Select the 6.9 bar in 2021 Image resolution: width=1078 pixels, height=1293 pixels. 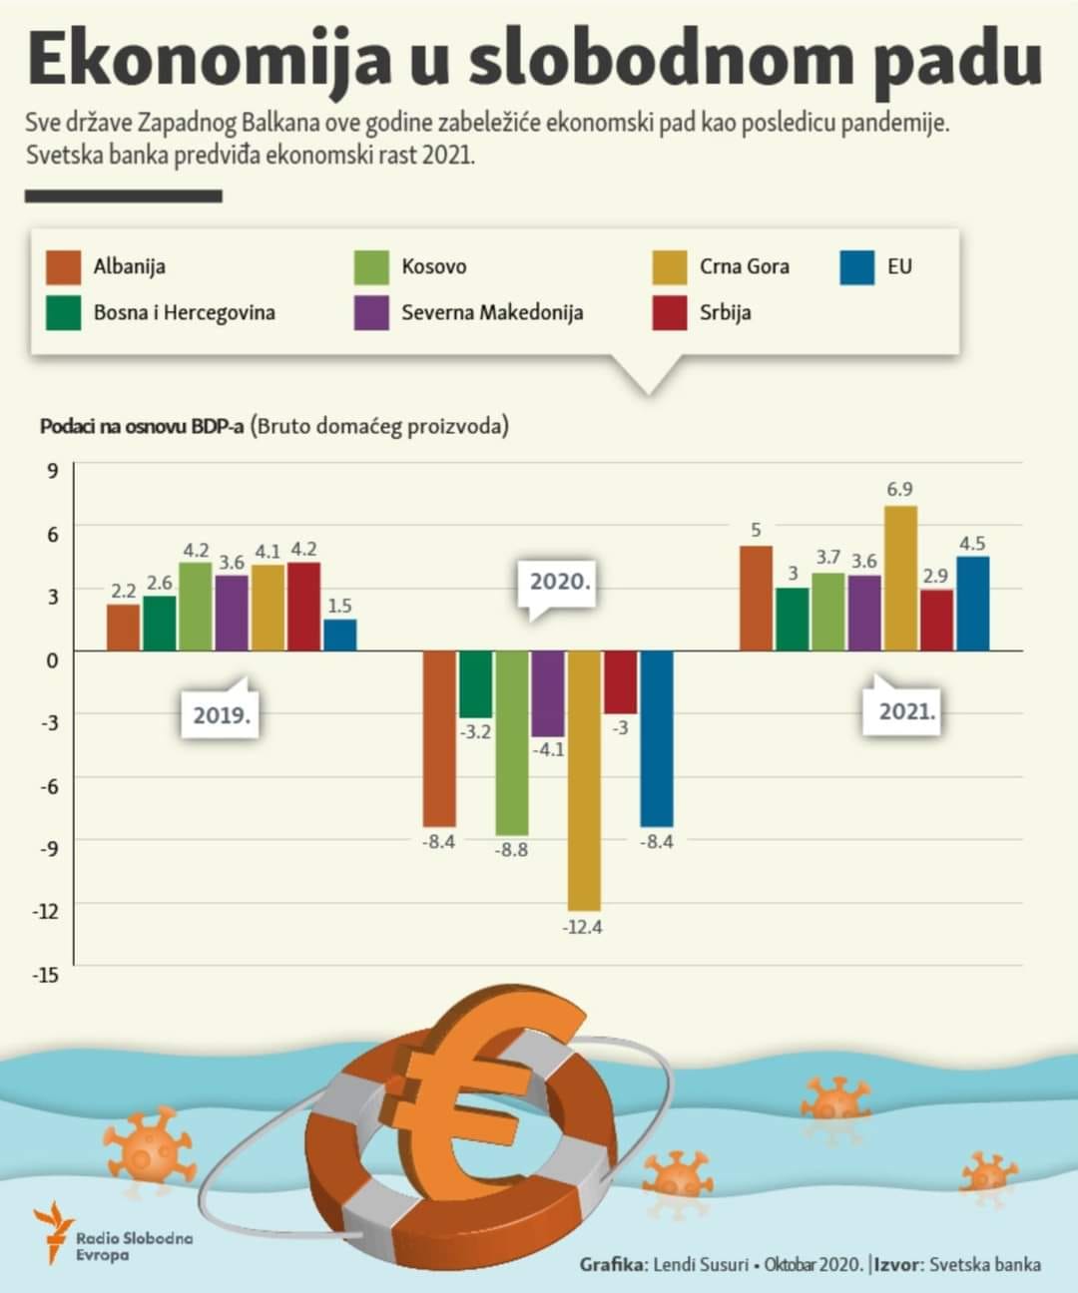click(900, 579)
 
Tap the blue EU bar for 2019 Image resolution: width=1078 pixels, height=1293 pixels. click(339, 636)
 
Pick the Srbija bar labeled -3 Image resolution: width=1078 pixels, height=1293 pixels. click(620, 681)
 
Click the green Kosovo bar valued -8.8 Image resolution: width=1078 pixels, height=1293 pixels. click(511, 742)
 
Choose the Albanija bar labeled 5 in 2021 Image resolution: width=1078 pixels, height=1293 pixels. click(756, 599)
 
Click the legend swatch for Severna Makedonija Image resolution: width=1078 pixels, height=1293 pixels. click(371, 312)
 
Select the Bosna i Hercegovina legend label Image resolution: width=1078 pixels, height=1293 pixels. click(184, 312)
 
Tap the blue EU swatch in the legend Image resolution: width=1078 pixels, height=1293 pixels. click(856, 266)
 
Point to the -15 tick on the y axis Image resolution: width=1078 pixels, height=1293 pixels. click(47, 974)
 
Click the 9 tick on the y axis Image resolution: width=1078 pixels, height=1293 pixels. click(52, 470)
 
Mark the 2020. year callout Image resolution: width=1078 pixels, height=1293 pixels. click(560, 583)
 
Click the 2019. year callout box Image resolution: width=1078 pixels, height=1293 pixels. click(221, 715)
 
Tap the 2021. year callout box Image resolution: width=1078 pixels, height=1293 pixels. click(906, 712)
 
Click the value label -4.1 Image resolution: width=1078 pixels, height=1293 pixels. click(548, 748)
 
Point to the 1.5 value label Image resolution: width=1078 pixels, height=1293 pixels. click(339, 606)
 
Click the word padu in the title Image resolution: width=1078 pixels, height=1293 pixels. click(957, 60)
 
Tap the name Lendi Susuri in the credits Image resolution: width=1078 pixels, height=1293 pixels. click(700, 1264)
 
